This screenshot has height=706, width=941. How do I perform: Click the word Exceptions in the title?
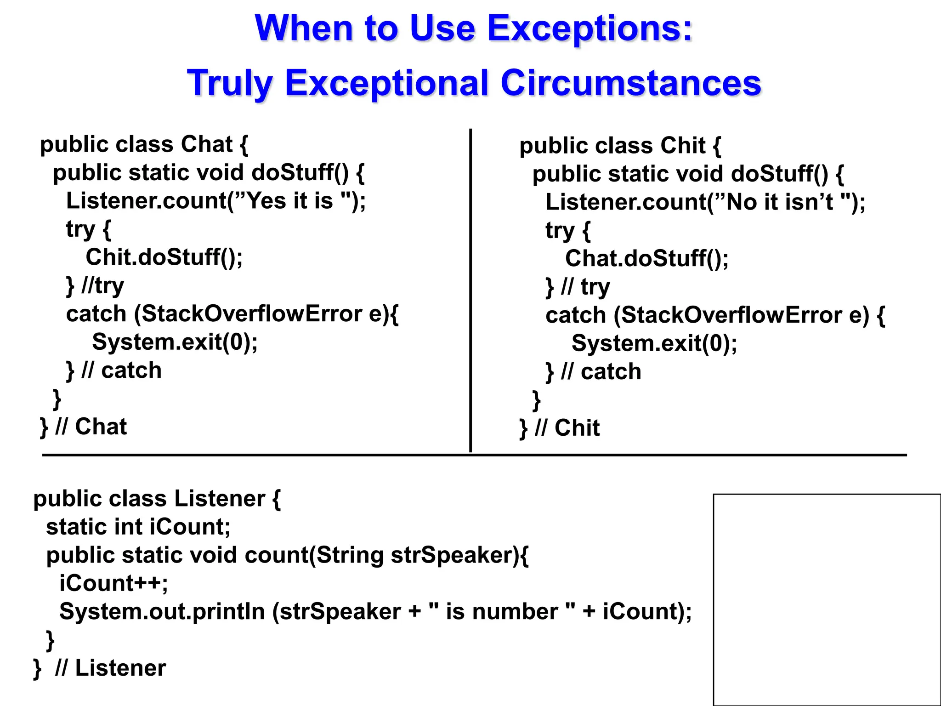(589, 28)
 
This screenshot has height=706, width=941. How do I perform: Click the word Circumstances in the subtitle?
(630, 83)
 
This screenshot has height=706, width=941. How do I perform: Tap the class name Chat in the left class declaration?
(207, 144)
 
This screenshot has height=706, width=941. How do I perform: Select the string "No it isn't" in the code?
(785, 202)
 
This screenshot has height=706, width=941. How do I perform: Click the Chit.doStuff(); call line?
(164, 257)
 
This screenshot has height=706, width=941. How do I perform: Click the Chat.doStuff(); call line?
(646, 258)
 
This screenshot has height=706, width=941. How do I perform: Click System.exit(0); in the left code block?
(175, 342)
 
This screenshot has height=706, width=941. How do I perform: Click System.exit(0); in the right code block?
(654, 344)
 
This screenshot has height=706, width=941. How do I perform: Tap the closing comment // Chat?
(91, 427)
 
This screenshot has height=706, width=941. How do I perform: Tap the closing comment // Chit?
(567, 428)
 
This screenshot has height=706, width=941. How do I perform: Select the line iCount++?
(113, 583)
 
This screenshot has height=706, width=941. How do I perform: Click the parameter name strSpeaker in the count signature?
(454, 555)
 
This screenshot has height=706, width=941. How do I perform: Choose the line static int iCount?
(138, 527)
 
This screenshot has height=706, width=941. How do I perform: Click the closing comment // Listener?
(110, 668)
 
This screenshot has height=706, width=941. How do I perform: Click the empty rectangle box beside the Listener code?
(827, 599)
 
